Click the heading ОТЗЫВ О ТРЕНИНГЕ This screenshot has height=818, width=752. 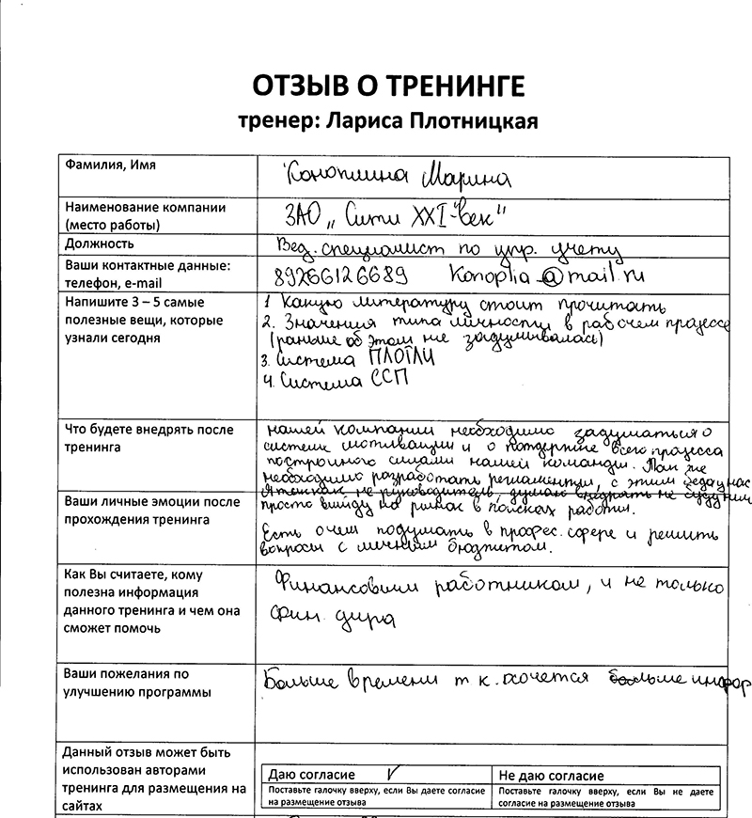pyautogui.click(x=386, y=87)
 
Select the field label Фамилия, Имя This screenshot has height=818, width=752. pyautogui.click(x=110, y=165)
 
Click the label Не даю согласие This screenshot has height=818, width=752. pyautogui.click(x=552, y=776)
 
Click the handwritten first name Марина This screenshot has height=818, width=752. pyautogui.click(x=462, y=175)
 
